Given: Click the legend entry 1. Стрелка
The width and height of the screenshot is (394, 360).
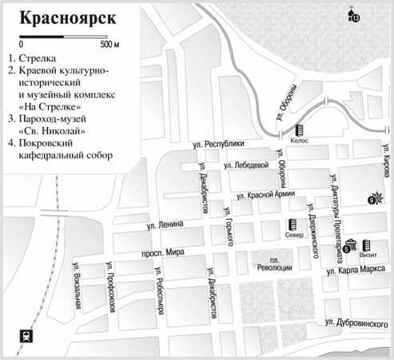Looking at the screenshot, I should (35, 58).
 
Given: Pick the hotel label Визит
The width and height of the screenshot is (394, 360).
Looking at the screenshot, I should (368, 257).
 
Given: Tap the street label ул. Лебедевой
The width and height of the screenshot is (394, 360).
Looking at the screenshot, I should (247, 166).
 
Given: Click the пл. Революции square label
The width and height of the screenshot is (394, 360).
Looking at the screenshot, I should (281, 264).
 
